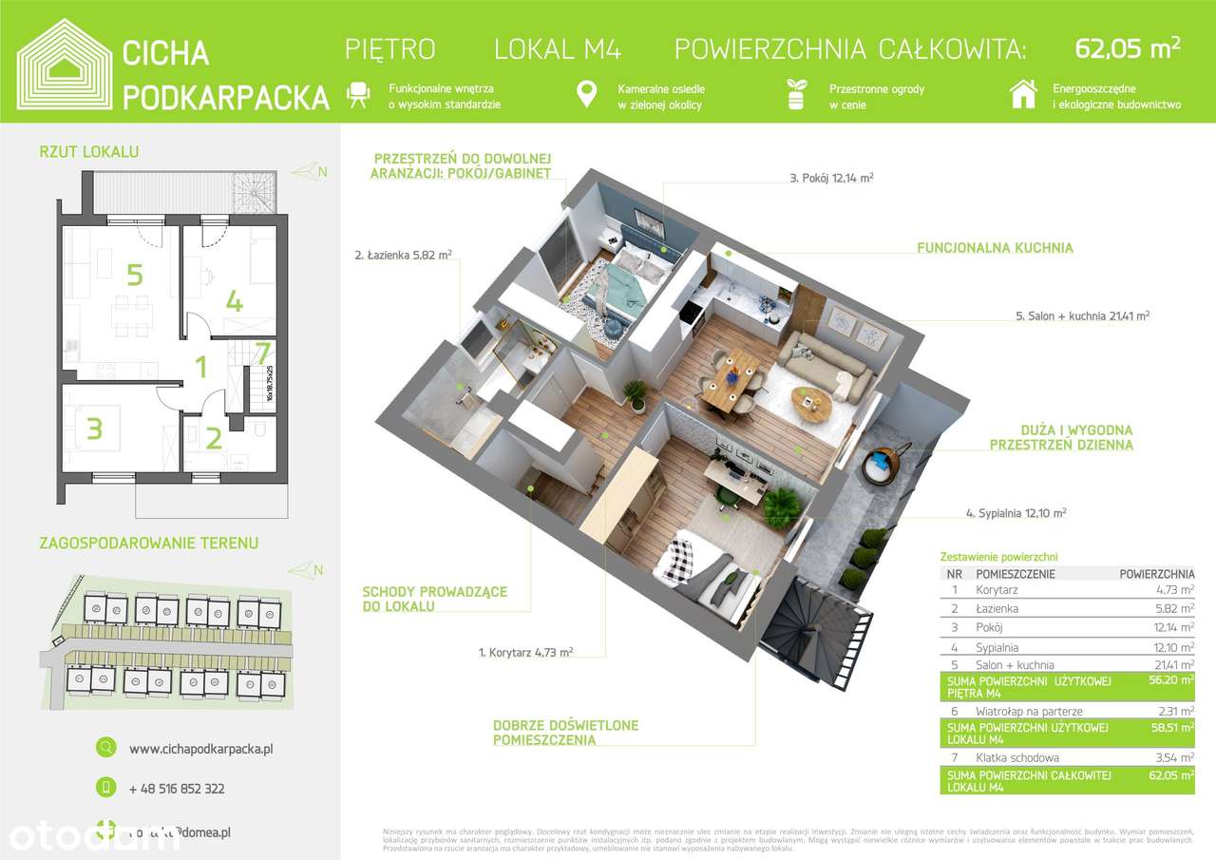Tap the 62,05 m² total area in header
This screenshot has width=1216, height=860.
coord(1128,48)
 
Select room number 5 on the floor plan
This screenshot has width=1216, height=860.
coord(135,276)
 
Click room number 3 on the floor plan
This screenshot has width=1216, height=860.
coord(94,430)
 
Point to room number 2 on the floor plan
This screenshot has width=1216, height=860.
coord(214,438)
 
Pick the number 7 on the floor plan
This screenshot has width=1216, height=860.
coord(264,353)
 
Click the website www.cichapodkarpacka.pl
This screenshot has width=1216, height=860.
coord(200,749)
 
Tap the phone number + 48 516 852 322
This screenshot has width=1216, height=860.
coord(177,789)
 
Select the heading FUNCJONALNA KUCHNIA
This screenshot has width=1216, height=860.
coord(995,248)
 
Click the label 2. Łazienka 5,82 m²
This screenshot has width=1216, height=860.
coord(403,255)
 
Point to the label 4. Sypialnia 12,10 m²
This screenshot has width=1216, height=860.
coord(1016,513)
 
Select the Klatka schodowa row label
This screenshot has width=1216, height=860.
coord(1016,758)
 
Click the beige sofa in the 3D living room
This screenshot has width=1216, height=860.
coord(826,367)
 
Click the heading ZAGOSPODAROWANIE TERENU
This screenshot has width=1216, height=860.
coord(149,544)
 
